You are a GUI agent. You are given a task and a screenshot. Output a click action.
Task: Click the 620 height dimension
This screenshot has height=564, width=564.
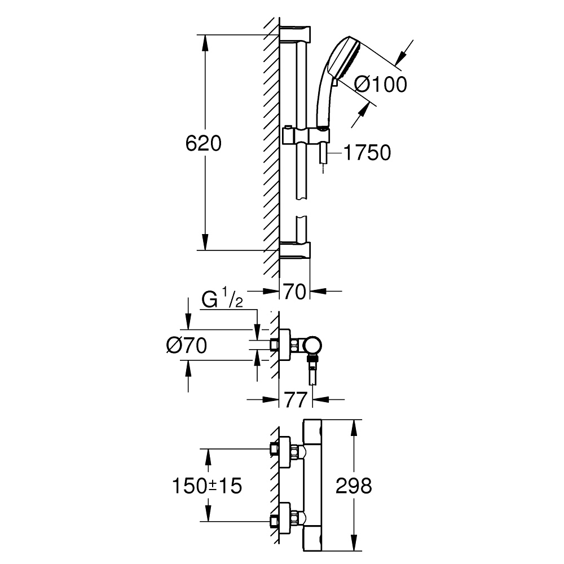tap(203, 144)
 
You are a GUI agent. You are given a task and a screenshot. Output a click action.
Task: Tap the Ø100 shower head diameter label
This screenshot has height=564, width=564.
tap(380, 85)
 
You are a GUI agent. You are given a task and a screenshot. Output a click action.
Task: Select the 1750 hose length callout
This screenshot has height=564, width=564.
tap(367, 153)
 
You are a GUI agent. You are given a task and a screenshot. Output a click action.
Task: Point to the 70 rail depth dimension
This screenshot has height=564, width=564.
tap(295, 292)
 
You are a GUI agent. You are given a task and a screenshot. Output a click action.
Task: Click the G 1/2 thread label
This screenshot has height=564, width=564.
tap(222, 301)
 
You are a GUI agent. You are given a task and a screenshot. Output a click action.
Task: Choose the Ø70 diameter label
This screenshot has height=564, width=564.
tap(186, 345)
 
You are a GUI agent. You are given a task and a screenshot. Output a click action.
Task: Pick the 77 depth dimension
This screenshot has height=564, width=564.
tap(295, 400)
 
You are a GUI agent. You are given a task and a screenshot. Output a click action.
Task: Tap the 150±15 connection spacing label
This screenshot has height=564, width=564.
tap(208, 485)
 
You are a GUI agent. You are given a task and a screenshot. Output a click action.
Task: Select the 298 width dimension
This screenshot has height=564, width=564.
tap(354, 485)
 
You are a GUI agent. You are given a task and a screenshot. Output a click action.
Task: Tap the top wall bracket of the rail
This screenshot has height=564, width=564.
tap(296, 33)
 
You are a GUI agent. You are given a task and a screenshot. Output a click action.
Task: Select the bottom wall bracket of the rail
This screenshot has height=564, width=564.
tap(296, 250)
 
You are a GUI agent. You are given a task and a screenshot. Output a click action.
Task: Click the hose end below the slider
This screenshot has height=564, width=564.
tap(322, 155)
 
